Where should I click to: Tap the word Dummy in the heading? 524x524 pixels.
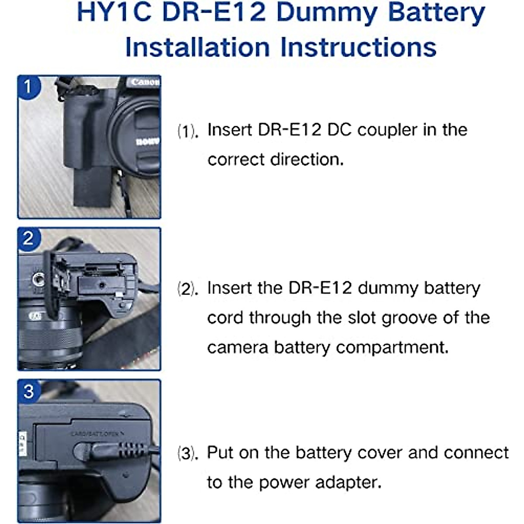(x=326, y=13)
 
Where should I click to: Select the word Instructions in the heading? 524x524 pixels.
(x=358, y=47)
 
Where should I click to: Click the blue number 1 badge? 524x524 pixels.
(x=28, y=86)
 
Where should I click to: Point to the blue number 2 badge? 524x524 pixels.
(x=28, y=238)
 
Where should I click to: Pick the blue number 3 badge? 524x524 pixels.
(x=28, y=391)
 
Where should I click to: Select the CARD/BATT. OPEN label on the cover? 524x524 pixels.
(x=97, y=434)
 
